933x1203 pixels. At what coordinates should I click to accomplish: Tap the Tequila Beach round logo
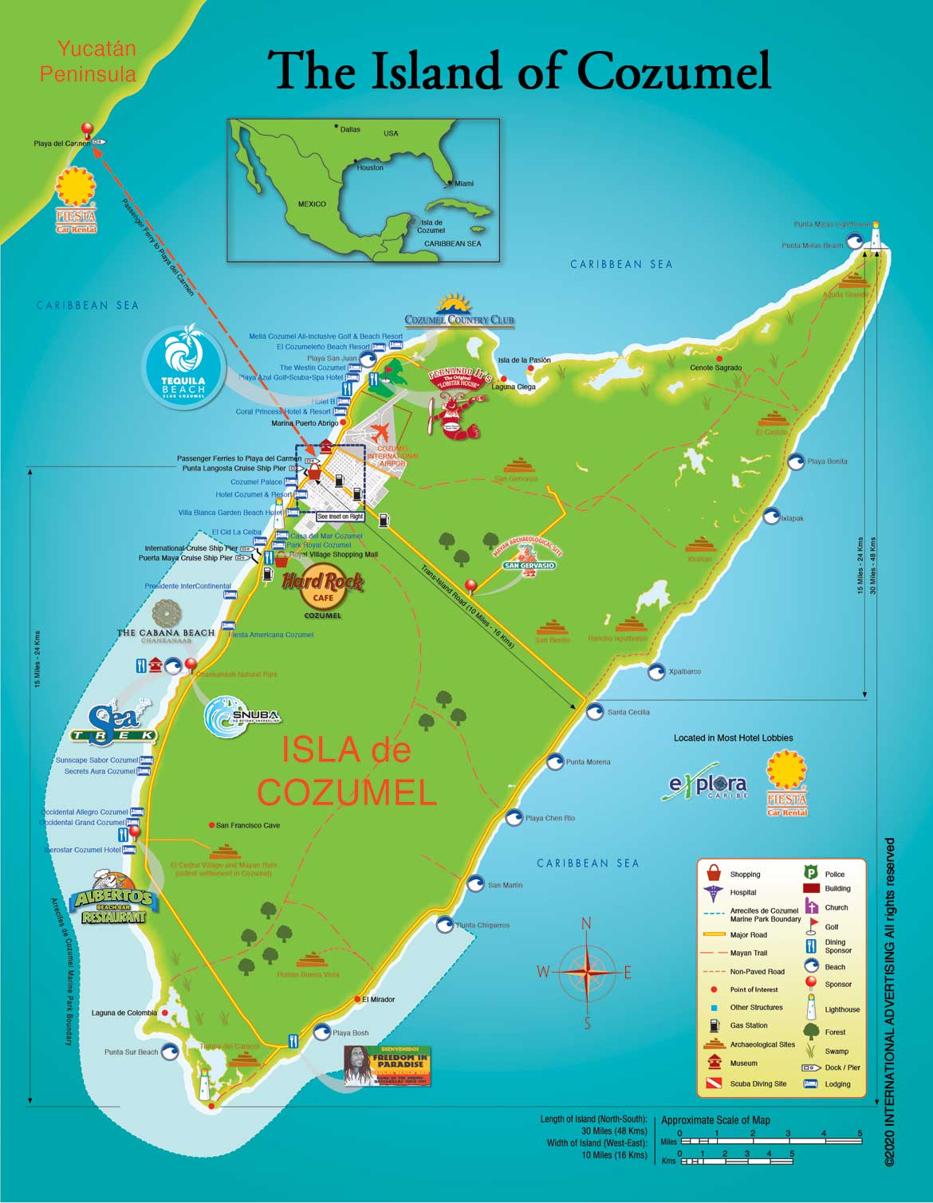(183, 366)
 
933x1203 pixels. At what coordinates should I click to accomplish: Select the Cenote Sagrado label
(715, 368)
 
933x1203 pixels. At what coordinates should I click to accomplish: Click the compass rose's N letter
(586, 924)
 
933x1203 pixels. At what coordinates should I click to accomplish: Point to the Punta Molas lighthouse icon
(876, 237)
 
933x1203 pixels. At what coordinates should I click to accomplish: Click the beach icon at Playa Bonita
(796, 462)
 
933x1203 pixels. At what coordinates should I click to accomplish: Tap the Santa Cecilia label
(628, 712)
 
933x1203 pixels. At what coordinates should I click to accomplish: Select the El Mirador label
(378, 999)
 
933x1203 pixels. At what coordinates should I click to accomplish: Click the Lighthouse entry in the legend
(841, 1009)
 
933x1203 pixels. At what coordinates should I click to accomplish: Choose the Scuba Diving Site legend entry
(758, 1083)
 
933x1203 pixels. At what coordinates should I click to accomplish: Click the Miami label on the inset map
(463, 183)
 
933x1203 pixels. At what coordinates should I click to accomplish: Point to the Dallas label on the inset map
(350, 129)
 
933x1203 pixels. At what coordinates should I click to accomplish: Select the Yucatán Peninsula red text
(89, 61)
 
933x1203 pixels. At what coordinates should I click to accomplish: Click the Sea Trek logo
(115, 722)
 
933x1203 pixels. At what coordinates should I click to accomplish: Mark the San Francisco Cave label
(248, 825)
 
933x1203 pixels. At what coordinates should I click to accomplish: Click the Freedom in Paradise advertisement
(388, 1066)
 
